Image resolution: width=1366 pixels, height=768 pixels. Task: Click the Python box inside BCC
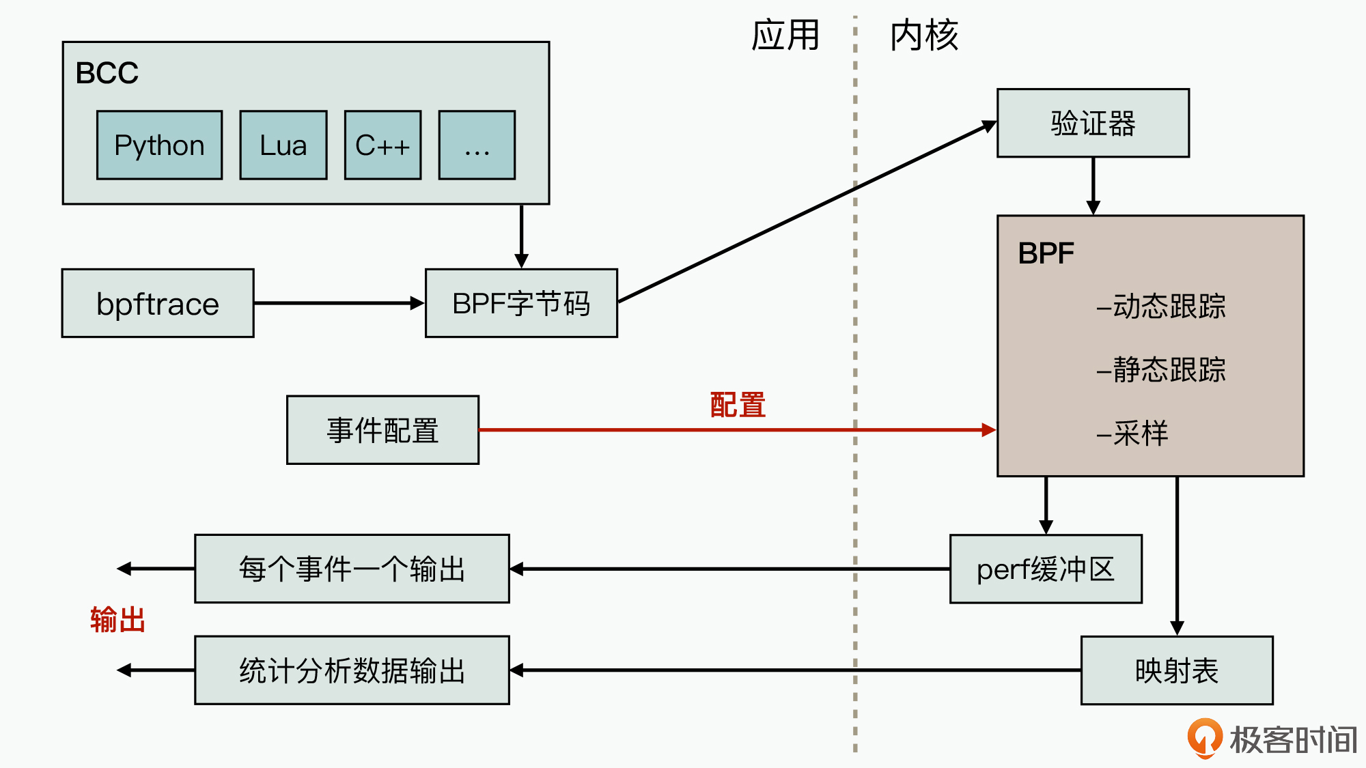click(x=159, y=145)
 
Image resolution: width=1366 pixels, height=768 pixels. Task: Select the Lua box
click(x=283, y=145)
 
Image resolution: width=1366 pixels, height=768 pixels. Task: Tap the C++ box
click(x=382, y=145)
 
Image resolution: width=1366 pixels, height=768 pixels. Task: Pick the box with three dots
click(x=477, y=145)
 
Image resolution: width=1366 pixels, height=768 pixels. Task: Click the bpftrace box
click(x=158, y=303)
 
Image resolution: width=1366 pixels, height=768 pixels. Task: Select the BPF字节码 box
click(x=521, y=303)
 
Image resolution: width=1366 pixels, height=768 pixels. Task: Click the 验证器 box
click(x=1093, y=124)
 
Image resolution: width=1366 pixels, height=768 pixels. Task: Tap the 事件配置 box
click(x=382, y=430)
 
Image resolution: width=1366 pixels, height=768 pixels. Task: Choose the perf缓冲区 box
click(x=1046, y=569)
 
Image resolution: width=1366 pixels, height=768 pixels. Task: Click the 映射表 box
click(x=1177, y=670)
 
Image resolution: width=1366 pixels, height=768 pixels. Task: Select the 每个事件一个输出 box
click(x=352, y=569)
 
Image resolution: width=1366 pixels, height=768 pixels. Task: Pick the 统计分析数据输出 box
click(x=352, y=670)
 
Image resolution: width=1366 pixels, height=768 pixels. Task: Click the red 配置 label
click(x=738, y=405)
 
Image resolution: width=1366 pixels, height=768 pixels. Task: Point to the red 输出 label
click(x=117, y=620)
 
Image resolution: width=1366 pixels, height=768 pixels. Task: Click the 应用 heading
click(x=785, y=35)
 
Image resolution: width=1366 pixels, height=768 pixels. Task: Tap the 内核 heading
click(x=924, y=35)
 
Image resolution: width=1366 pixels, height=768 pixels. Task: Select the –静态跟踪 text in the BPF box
click(x=1161, y=369)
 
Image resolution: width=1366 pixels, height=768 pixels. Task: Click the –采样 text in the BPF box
click(x=1132, y=433)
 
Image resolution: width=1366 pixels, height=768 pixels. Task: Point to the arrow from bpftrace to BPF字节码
click(x=339, y=303)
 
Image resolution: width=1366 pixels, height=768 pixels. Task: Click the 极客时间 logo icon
click(x=1204, y=738)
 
